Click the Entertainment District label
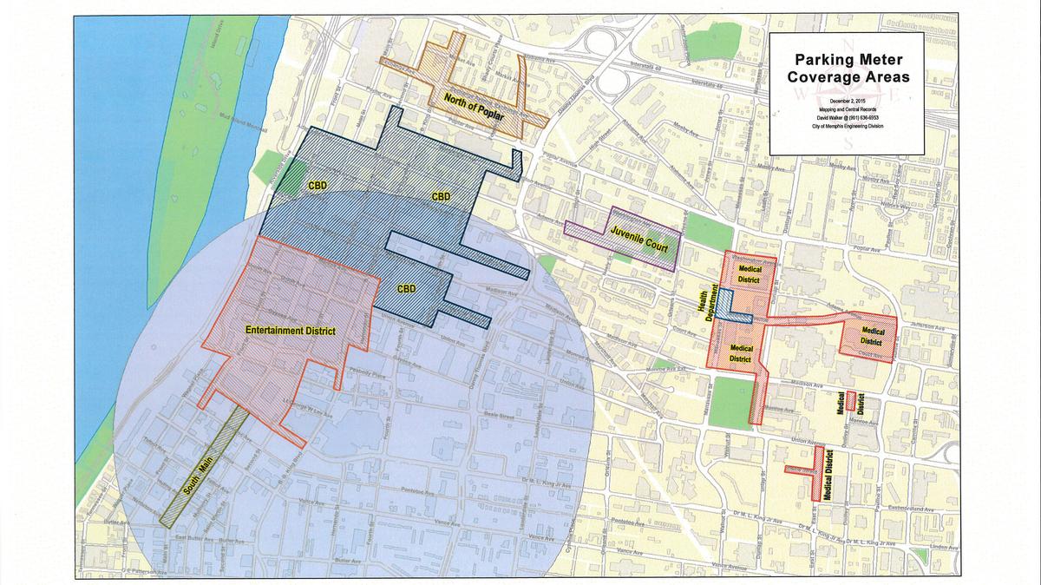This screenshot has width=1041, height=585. (x=290, y=331)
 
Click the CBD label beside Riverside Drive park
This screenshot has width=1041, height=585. (x=317, y=186)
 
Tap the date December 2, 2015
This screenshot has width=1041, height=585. (x=846, y=102)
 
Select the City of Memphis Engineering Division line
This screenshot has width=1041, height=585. (x=846, y=128)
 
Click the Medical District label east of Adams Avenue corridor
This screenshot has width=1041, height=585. (x=874, y=335)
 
